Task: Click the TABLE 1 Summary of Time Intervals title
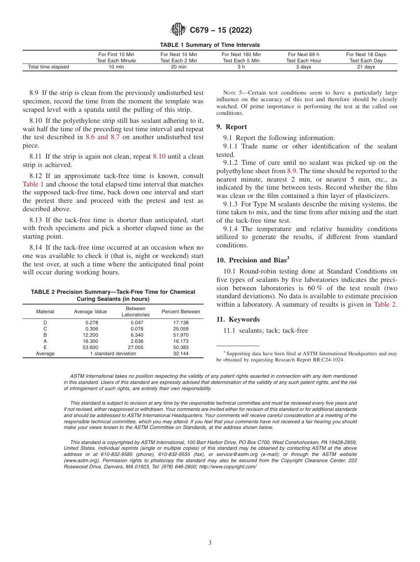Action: pos(210,45)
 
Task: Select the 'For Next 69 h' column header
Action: pos(303,54)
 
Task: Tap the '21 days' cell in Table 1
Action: pos(366,67)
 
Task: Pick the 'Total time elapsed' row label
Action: pos(49,67)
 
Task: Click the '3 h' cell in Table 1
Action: pos(241,67)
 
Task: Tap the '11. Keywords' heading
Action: pos(238,319)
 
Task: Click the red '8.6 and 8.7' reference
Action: pos(103,137)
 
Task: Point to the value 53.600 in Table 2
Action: pos(92,347)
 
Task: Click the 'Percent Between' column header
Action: pos(181,311)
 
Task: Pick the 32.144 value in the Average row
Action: pos(181,353)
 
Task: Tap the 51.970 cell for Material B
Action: pos(181,335)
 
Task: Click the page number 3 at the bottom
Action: pos(210,543)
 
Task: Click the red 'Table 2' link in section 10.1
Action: pos(385,304)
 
